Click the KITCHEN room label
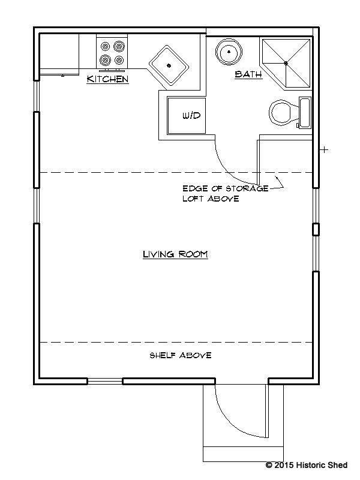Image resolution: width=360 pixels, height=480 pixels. [x=107, y=79]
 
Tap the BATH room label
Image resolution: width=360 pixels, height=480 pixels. [x=248, y=74]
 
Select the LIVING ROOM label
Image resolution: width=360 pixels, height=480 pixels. [x=175, y=254]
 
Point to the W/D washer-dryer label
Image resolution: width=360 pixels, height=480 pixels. [x=191, y=115]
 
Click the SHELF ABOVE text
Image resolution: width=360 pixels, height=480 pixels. [x=181, y=355]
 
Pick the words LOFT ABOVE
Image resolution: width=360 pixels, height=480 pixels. [x=211, y=199]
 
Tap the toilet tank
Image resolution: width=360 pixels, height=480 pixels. [x=305, y=112]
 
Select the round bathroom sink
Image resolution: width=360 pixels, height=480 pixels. [x=229, y=52]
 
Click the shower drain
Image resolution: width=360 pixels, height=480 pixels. [x=286, y=64]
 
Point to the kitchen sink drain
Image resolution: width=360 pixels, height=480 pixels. [x=169, y=65]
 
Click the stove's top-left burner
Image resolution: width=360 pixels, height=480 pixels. [x=105, y=47]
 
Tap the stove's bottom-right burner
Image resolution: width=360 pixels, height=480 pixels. [x=119, y=60]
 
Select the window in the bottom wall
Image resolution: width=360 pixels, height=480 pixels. [x=105, y=381]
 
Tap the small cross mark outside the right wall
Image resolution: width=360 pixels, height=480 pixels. [x=325, y=149]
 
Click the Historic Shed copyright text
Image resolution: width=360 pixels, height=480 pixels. [x=307, y=465]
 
